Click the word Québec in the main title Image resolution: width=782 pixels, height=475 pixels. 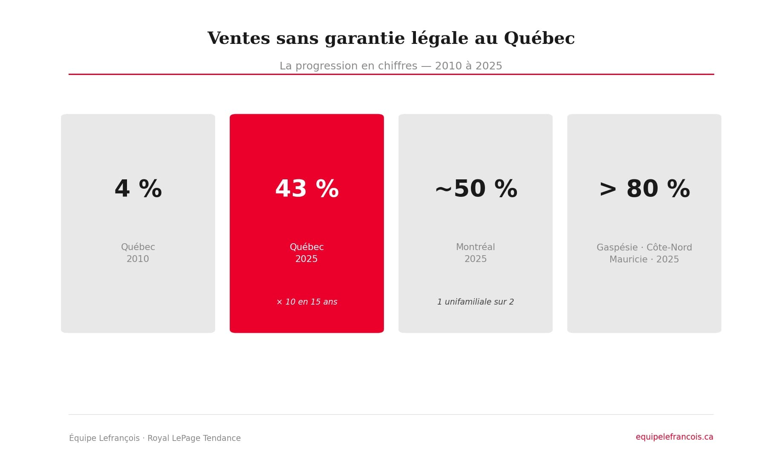[x=539, y=38]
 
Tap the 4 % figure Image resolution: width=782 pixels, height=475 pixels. [x=138, y=189]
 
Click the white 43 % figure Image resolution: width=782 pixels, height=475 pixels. [x=307, y=189]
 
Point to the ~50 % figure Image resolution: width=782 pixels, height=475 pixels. [x=476, y=189]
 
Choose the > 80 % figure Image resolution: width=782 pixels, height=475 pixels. [x=644, y=189]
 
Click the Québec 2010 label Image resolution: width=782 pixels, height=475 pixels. [x=138, y=253]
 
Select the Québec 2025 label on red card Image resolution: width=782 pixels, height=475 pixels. [x=307, y=253]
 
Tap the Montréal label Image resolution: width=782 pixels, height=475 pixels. [x=476, y=247]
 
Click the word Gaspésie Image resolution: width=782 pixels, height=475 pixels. [x=617, y=248]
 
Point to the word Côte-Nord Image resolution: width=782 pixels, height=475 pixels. [x=669, y=248]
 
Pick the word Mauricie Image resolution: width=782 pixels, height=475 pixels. [x=628, y=259]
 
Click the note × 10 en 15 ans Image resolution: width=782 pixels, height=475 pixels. [x=307, y=302]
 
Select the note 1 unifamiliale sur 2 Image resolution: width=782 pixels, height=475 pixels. [x=476, y=302]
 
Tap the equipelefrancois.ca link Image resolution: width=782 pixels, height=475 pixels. [x=674, y=437]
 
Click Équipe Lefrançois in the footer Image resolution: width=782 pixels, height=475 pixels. [x=104, y=438]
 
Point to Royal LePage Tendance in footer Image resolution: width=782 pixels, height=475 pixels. [x=194, y=438]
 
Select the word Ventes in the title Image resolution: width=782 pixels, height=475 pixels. [x=239, y=39]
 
